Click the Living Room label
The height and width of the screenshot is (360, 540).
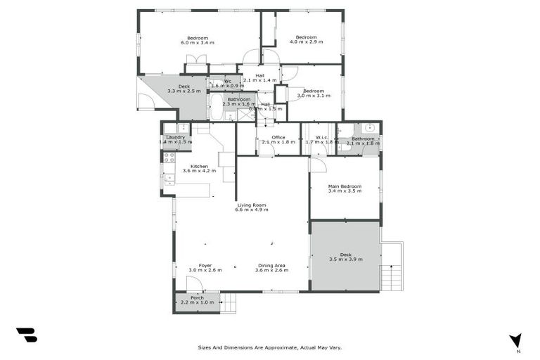(x=252, y=205)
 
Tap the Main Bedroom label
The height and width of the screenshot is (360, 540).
(x=345, y=186)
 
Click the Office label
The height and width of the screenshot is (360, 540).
(x=269, y=137)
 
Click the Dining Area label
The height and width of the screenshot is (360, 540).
(x=271, y=265)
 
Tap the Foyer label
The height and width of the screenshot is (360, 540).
(x=205, y=265)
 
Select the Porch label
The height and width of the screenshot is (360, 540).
(x=197, y=297)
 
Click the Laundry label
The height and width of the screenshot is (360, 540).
(x=175, y=137)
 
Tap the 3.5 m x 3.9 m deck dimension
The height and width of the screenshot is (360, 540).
(x=345, y=259)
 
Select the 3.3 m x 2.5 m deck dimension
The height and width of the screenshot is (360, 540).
(x=184, y=91)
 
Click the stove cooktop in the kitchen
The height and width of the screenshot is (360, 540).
(x=169, y=157)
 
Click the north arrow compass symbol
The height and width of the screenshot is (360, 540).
(x=516, y=340)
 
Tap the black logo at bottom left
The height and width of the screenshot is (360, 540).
(x=27, y=335)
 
